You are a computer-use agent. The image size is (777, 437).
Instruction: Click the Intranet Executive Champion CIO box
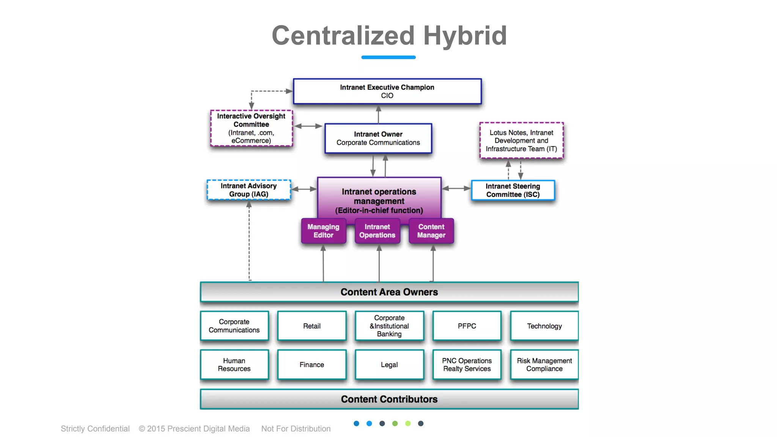point(387,91)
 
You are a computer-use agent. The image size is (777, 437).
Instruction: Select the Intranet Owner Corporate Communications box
point(378,138)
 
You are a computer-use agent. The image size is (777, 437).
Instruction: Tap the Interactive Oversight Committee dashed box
point(251,128)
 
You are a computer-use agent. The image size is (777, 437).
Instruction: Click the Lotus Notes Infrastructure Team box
point(521,141)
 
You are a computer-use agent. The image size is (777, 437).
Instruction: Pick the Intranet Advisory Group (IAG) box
point(249,190)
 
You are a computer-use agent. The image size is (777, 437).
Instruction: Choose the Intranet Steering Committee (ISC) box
point(513,190)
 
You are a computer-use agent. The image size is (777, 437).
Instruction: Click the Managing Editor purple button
point(323,231)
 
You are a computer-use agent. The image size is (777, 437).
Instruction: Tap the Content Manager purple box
point(431,231)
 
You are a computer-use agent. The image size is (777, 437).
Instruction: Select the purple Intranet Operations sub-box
point(377,231)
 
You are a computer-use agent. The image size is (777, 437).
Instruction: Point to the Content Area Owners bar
point(389,292)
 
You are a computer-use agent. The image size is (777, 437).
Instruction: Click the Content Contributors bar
point(389,399)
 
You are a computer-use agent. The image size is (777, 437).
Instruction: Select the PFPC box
point(467,326)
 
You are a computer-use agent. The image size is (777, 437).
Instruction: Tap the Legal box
point(389,365)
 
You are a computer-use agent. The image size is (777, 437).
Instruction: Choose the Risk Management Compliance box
point(544,365)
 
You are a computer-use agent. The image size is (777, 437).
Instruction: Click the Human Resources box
point(234,365)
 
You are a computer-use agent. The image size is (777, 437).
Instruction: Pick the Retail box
point(311,326)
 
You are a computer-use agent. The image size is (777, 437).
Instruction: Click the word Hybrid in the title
point(465,36)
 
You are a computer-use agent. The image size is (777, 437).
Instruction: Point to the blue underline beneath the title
point(388,57)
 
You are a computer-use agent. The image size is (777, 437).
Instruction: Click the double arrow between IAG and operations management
point(304,189)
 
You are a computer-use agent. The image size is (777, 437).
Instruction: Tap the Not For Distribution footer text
point(296,429)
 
